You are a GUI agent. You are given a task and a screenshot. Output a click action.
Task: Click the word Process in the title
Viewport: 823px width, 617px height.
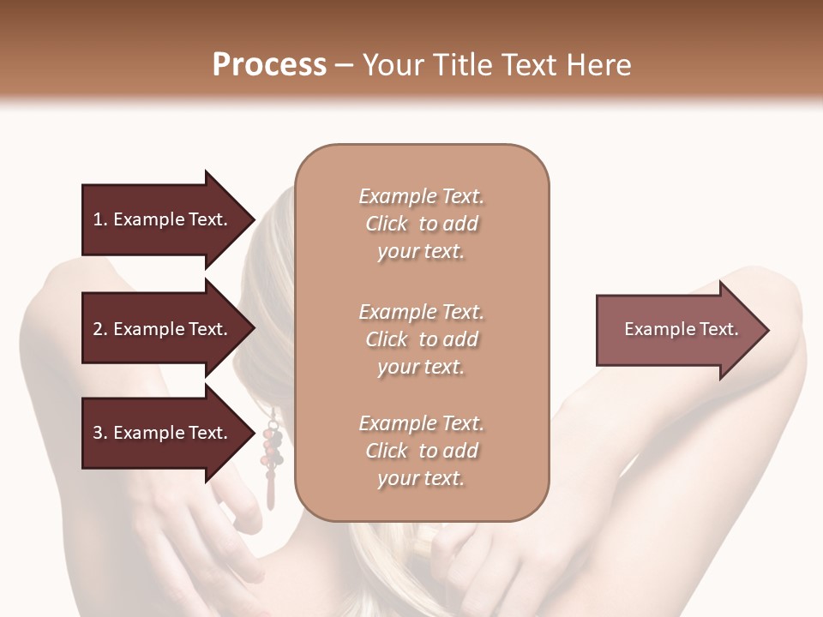[269, 65]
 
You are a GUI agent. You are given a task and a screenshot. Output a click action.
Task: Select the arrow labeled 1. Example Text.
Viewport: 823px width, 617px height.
[163, 219]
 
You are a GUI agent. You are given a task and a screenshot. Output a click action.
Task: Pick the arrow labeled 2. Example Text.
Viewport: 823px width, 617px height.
[163, 329]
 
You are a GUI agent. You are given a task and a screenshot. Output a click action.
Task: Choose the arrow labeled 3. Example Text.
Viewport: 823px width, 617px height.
[163, 433]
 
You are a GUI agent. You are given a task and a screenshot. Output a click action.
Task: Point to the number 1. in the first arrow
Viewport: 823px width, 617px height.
[100, 219]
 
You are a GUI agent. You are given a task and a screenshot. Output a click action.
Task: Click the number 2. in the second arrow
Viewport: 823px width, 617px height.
[100, 329]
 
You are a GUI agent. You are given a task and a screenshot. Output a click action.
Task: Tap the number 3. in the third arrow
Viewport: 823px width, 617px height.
[100, 433]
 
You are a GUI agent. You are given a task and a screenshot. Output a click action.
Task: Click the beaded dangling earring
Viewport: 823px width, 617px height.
[273, 454]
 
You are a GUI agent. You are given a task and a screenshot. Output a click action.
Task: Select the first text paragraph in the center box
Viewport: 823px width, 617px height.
[422, 224]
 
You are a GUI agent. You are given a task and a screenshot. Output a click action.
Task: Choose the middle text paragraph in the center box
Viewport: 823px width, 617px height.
[422, 339]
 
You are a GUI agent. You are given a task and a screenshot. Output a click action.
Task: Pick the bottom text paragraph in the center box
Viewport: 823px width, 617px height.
[422, 451]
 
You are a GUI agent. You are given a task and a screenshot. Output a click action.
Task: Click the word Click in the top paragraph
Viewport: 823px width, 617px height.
[387, 224]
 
